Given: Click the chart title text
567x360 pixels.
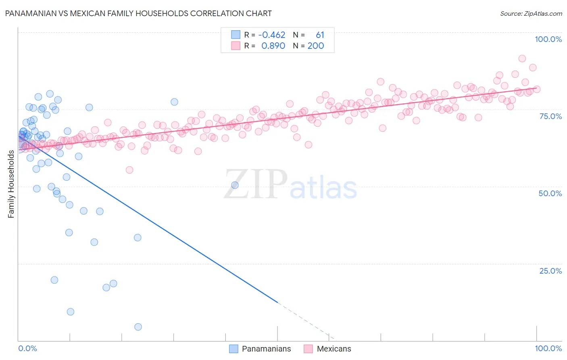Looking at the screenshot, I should click(138, 13).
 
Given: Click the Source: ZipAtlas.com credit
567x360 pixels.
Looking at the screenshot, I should click(531, 13).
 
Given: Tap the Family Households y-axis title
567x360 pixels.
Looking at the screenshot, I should click(11, 184).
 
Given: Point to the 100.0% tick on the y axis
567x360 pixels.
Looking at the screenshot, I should click(548, 39).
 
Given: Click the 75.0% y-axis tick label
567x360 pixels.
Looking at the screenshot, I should click(550, 116).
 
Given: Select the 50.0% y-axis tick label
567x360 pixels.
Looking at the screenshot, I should click(550, 193).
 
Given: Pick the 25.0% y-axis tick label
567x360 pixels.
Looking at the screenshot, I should click(550, 271).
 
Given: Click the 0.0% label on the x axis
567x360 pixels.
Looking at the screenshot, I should click(27, 348).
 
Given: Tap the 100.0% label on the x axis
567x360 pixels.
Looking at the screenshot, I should click(548, 348).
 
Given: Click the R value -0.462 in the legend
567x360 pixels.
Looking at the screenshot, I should click(272, 35).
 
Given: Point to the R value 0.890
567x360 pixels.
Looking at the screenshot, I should click(273, 46).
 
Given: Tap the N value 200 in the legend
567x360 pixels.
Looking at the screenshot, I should click(316, 46).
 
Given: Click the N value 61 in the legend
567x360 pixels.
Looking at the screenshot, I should click(320, 35).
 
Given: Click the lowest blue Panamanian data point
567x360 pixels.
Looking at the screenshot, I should click(138, 327).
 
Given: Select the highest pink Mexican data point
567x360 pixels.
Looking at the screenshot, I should click(522, 59).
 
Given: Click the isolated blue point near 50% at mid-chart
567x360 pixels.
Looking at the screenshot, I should click(235, 185).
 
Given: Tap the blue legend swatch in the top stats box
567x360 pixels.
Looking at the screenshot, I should click(236, 35).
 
